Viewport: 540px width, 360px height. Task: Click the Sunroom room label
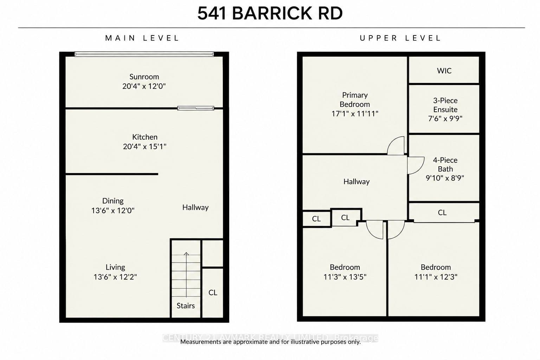point(144,77)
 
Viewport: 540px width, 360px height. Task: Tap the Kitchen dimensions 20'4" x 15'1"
point(144,146)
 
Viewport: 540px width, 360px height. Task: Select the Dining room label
point(113,201)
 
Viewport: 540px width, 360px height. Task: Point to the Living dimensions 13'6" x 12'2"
point(115,277)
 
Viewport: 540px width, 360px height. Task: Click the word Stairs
point(186,306)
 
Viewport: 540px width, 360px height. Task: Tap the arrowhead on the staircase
point(186,253)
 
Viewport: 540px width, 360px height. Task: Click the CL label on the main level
point(213,292)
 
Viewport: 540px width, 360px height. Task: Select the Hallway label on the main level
point(195,207)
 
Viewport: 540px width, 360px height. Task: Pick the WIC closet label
point(444,71)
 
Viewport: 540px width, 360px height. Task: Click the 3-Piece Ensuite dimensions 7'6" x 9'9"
point(445,118)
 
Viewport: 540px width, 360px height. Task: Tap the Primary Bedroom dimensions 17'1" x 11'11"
point(355,114)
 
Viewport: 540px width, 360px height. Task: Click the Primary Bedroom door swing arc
point(392,141)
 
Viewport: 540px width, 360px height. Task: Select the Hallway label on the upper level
point(356,181)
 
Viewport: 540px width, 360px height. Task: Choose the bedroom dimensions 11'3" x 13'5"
point(345,277)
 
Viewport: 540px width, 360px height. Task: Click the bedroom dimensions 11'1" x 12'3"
point(436,277)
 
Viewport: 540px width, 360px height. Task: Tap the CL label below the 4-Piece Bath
point(442,212)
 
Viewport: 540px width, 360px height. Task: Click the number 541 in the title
point(212,13)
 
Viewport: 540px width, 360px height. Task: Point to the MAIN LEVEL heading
point(142,38)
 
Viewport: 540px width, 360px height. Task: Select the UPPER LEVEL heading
point(400,38)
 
